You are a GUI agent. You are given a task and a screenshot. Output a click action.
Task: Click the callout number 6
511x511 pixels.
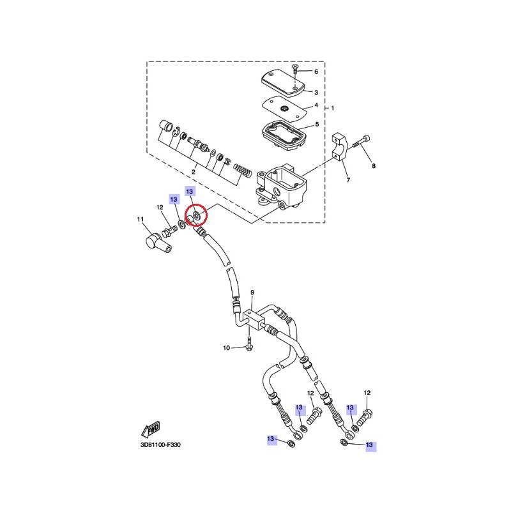pos(316,72)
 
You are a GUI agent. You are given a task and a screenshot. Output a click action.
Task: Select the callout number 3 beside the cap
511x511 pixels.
pos(316,93)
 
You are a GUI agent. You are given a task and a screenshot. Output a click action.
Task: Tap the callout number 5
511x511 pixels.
pos(317,124)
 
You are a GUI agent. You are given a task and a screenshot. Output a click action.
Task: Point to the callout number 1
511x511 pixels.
pos(332,108)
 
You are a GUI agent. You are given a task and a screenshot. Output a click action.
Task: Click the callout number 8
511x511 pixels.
pos(374,166)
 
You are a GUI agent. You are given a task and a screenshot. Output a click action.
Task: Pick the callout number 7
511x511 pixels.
pos(348,180)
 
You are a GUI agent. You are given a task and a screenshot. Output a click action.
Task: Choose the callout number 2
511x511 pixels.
pos(194,172)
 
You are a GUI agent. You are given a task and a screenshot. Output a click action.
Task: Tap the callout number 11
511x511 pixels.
pos(140,219)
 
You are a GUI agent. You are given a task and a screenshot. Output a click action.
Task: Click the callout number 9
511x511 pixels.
pos(252,293)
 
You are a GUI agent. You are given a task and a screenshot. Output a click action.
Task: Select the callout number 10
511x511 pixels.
pos(226,348)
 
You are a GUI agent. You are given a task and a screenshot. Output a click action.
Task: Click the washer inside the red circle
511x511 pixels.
pos(197,215)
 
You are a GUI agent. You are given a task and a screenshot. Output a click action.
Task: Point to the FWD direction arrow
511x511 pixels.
pos(151,429)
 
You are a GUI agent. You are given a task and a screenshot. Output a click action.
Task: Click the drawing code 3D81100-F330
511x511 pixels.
pos(160,445)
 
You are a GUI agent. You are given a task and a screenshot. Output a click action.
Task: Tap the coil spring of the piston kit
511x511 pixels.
pos(242,171)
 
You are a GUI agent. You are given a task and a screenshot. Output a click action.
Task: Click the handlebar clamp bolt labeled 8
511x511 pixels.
pos(360,143)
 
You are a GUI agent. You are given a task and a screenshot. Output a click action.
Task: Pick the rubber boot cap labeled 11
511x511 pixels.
pos(158,245)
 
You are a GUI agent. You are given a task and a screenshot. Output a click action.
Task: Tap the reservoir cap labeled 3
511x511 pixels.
pos(283,82)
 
